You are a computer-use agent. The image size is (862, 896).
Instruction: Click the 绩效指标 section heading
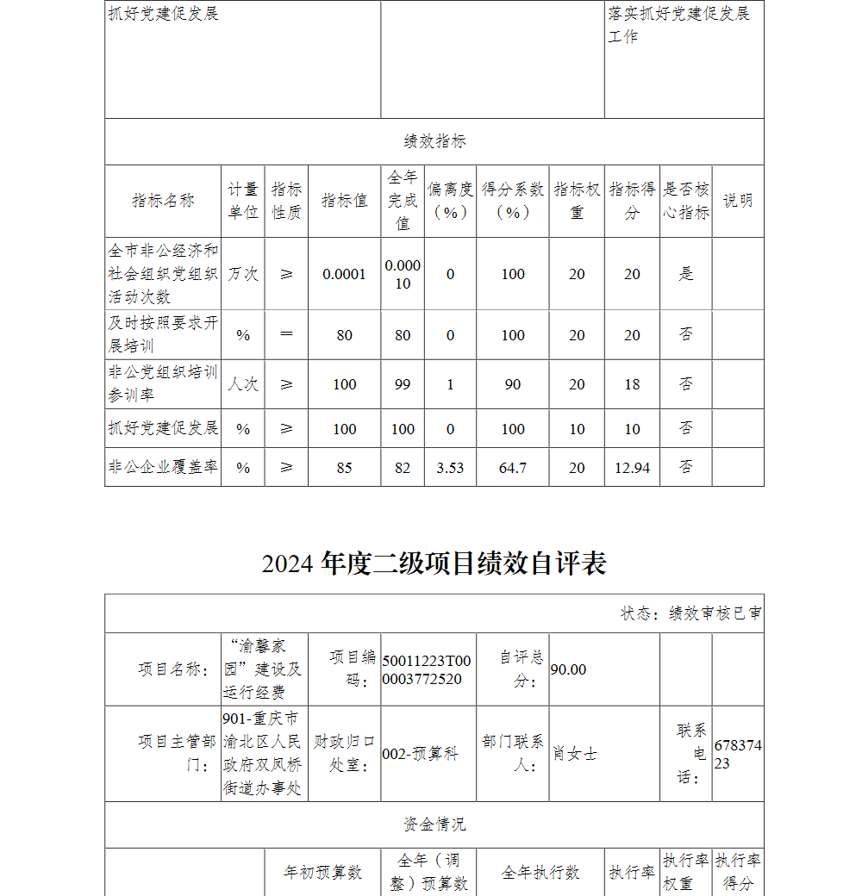pyautogui.click(x=434, y=142)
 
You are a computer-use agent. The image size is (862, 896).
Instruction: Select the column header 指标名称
pyautogui.click(x=163, y=201)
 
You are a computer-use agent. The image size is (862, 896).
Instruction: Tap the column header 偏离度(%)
pyautogui.click(x=450, y=201)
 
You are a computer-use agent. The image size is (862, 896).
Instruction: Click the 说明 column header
pyautogui.click(x=737, y=201)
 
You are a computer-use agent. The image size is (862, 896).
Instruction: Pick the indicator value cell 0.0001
pyautogui.click(x=344, y=274)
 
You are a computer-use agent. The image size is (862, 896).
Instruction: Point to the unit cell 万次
pyautogui.click(x=243, y=274)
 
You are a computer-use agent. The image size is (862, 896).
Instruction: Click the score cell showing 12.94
pyautogui.click(x=632, y=468)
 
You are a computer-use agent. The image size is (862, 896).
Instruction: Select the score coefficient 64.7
pyautogui.click(x=513, y=468)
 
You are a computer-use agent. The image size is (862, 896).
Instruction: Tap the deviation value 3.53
pyautogui.click(x=450, y=468)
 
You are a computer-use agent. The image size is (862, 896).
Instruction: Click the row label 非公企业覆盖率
pyautogui.click(x=163, y=467)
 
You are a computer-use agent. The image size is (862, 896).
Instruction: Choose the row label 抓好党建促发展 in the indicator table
pyautogui.click(x=163, y=428)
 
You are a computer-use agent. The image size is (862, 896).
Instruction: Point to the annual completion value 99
pyautogui.click(x=403, y=384)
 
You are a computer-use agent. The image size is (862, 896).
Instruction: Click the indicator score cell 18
pyautogui.click(x=632, y=384)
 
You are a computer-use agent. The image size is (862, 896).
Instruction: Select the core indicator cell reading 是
pyautogui.click(x=686, y=274)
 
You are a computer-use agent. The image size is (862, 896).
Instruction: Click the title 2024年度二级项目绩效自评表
pyautogui.click(x=434, y=563)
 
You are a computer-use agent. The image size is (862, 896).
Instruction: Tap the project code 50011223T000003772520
pyautogui.click(x=427, y=669)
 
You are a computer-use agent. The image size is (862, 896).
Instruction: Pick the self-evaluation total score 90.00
pyautogui.click(x=568, y=669)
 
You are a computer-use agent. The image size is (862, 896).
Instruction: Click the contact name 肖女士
pyautogui.click(x=575, y=754)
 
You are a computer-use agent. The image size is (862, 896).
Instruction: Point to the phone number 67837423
pyautogui.click(x=738, y=754)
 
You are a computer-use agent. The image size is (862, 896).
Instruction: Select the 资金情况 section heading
pyautogui.click(x=434, y=824)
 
